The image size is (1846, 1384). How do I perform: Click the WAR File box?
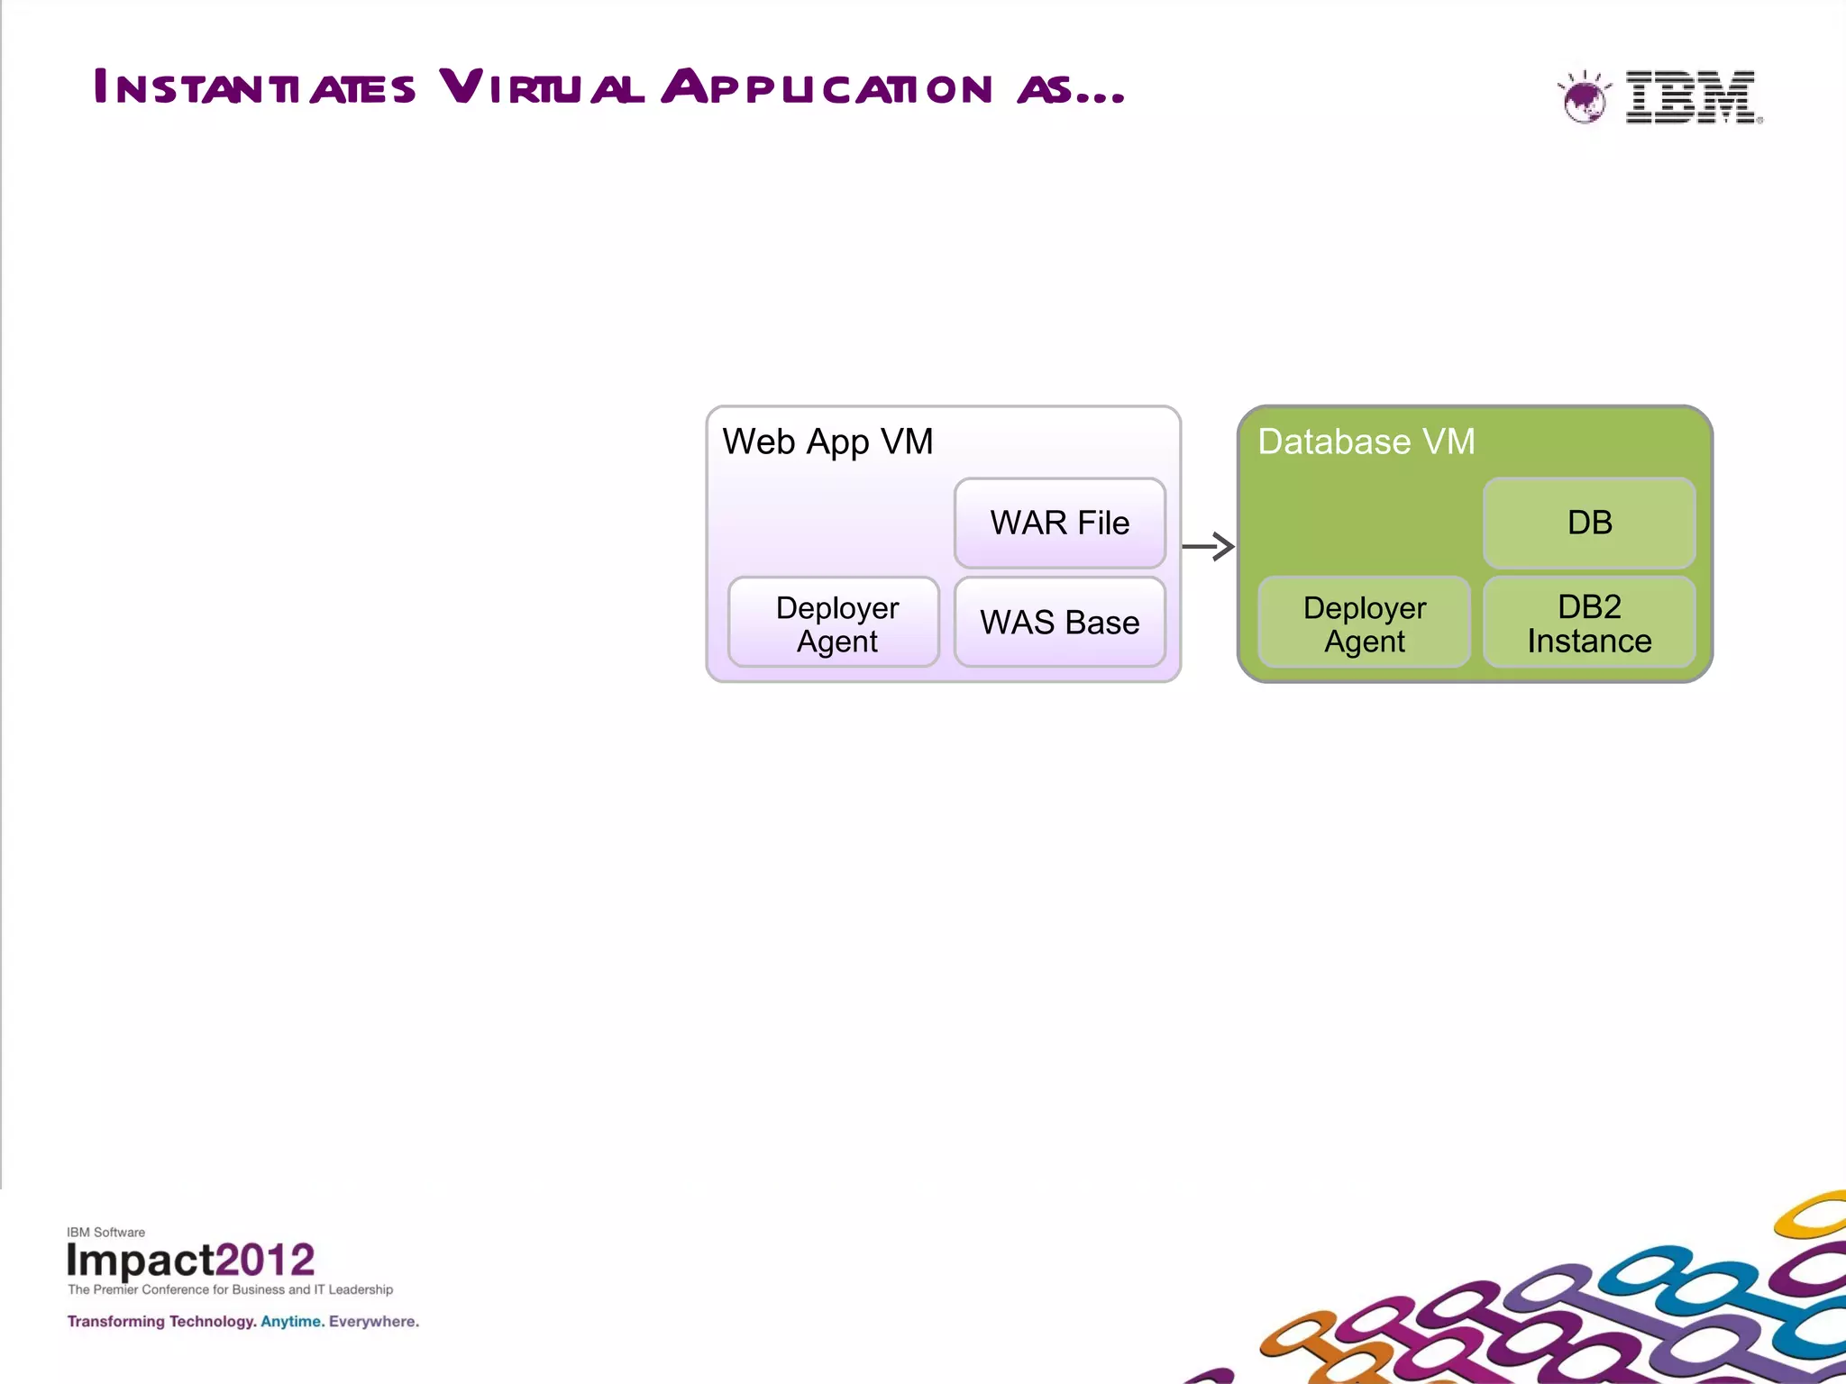point(1059,523)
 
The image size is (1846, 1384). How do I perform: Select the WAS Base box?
point(1059,622)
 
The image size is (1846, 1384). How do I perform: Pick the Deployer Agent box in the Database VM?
point(1364,623)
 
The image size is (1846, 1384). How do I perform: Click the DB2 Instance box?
point(1589,623)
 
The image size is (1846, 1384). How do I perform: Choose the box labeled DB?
point(1589,523)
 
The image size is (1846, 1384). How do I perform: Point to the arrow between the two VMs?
point(1208,546)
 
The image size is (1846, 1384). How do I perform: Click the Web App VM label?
point(827,442)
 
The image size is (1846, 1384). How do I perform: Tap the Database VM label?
point(1366,442)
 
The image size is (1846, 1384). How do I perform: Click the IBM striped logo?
point(1691,96)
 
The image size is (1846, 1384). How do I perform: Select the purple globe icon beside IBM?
point(1584,98)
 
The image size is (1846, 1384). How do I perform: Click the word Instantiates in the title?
point(254,88)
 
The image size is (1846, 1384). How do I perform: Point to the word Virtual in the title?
point(542,88)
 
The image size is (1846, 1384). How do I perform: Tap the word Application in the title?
point(827,88)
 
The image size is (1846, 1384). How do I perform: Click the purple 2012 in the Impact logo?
point(265,1260)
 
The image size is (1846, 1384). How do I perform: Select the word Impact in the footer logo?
point(140,1260)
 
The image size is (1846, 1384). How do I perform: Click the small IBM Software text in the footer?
point(105,1232)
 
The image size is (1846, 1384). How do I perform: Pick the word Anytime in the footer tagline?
point(292,1322)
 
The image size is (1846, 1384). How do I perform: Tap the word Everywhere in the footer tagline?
point(373,1322)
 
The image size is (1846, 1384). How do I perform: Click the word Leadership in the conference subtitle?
point(361,1289)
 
